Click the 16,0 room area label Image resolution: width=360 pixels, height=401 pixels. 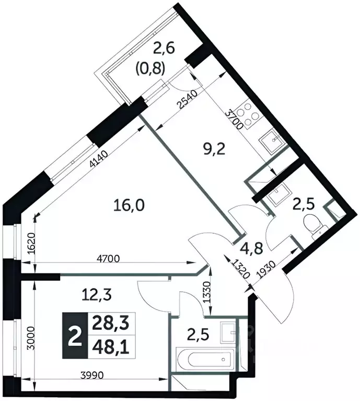(129, 205)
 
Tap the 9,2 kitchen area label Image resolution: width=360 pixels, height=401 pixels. (214, 149)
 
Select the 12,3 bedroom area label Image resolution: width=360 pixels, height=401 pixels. (97, 295)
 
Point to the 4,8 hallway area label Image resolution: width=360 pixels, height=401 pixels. (251, 248)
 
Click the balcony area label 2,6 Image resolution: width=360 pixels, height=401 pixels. (164, 49)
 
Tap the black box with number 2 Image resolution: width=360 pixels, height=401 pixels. (75, 336)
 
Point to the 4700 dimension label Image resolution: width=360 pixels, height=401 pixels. (108, 259)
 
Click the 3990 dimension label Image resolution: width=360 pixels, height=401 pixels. (92, 375)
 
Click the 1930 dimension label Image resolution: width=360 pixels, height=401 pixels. (266, 270)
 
